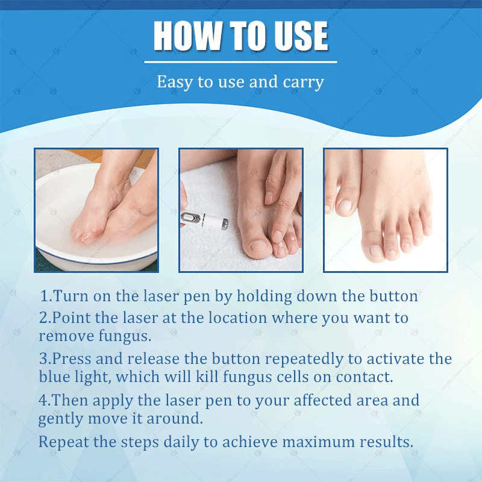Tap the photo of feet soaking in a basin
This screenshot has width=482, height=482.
point(96,210)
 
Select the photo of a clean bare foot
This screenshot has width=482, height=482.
point(386,210)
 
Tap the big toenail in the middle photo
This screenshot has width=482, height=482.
point(259,245)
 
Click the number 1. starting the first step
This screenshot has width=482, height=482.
point(46,296)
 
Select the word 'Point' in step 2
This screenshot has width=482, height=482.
point(71,318)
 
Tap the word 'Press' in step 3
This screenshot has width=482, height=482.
point(72,358)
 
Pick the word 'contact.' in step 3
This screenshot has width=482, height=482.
point(366,378)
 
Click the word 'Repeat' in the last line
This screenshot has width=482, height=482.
point(63,442)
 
